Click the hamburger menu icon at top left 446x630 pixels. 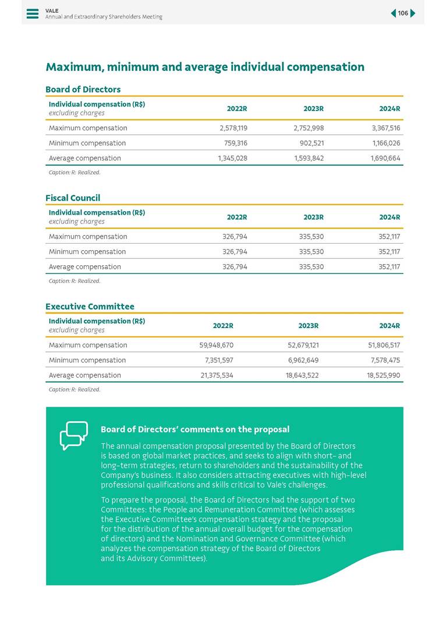click(x=33, y=13)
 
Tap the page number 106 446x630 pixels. click(x=403, y=13)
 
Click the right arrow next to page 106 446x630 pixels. click(x=413, y=13)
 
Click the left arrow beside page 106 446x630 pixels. click(x=393, y=13)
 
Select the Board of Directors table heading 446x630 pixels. click(x=83, y=89)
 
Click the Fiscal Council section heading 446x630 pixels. click(x=73, y=198)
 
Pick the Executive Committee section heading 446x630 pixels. click(x=90, y=306)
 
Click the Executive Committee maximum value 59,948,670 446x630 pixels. click(x=216, y=345)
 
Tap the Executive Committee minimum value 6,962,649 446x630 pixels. click(x=300, y=360)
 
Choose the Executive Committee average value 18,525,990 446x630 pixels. click(x=382, y=375)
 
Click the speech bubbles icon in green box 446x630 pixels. click(x=74, y=436)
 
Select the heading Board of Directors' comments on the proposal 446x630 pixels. click(x=194, y=429)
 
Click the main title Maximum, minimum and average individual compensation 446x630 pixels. click(x=205, y=67)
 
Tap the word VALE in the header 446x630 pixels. click(x=51, y=10)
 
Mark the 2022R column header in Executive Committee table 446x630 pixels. click(x=223, y=326)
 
